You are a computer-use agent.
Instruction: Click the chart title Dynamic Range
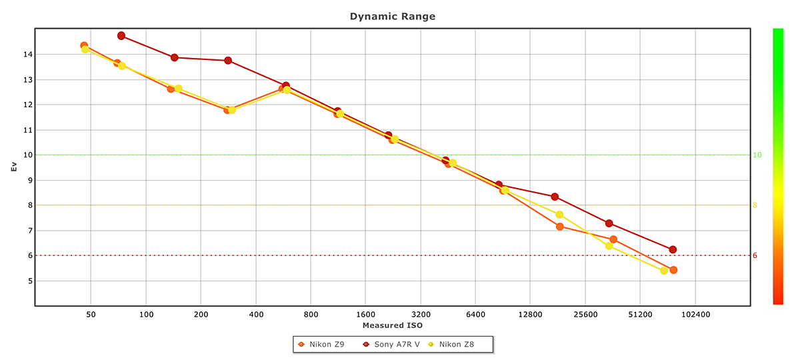coord(393,16)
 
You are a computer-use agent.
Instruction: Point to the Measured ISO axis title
coord(393,325)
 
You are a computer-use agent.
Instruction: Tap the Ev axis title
coord(13,167)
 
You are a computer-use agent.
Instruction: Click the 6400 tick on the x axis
coord(475,314)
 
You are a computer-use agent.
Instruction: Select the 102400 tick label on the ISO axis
coord(695,314)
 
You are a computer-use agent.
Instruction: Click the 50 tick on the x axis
coord(91,314)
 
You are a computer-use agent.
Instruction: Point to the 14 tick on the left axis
coord(25,54)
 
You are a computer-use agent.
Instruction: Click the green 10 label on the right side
coord(757,155)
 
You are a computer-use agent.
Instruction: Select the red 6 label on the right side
coord(755,255)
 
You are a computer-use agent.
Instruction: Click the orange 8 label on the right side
coord(755,205)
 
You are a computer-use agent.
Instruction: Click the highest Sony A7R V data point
coord(121,35)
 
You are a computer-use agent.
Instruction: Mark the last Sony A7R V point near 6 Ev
coord(673,249)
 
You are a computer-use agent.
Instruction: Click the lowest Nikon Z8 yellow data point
coord(664,271)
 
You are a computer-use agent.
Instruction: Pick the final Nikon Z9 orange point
coord(673,270)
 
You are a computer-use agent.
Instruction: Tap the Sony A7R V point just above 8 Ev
coord(555,197)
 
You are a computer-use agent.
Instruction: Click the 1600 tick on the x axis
coord(365,314)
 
